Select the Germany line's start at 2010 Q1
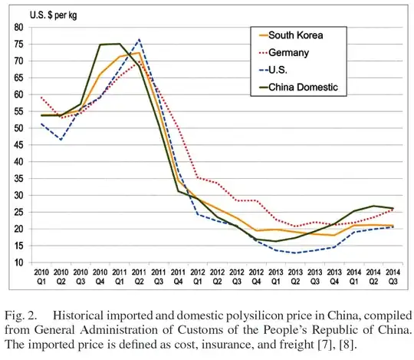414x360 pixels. pos(41,97)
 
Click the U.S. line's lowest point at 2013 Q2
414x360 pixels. pos(296,253)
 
